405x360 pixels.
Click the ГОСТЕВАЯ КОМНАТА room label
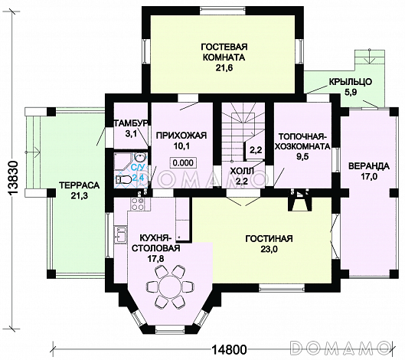pos(224,52)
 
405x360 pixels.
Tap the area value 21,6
pos(224,68)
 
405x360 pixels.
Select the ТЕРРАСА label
pos(80,185)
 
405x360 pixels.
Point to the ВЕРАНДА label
pos(369,166)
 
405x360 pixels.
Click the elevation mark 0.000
pos(183,162)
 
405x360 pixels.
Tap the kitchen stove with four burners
pos(138,204)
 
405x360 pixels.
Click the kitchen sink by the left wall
pos(121,234)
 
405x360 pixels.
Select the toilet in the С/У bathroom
pos(123,179)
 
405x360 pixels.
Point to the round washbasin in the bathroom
pos(140,157)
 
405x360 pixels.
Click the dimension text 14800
pos(229,350)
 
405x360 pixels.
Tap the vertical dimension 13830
pos(12,178)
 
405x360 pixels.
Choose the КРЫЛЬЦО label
pos(350,82)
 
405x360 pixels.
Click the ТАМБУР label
pos(131,123)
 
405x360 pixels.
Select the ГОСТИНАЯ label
pos(269,238)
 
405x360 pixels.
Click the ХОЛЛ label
pos(242,171)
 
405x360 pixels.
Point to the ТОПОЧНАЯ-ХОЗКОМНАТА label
pos(302,141)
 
